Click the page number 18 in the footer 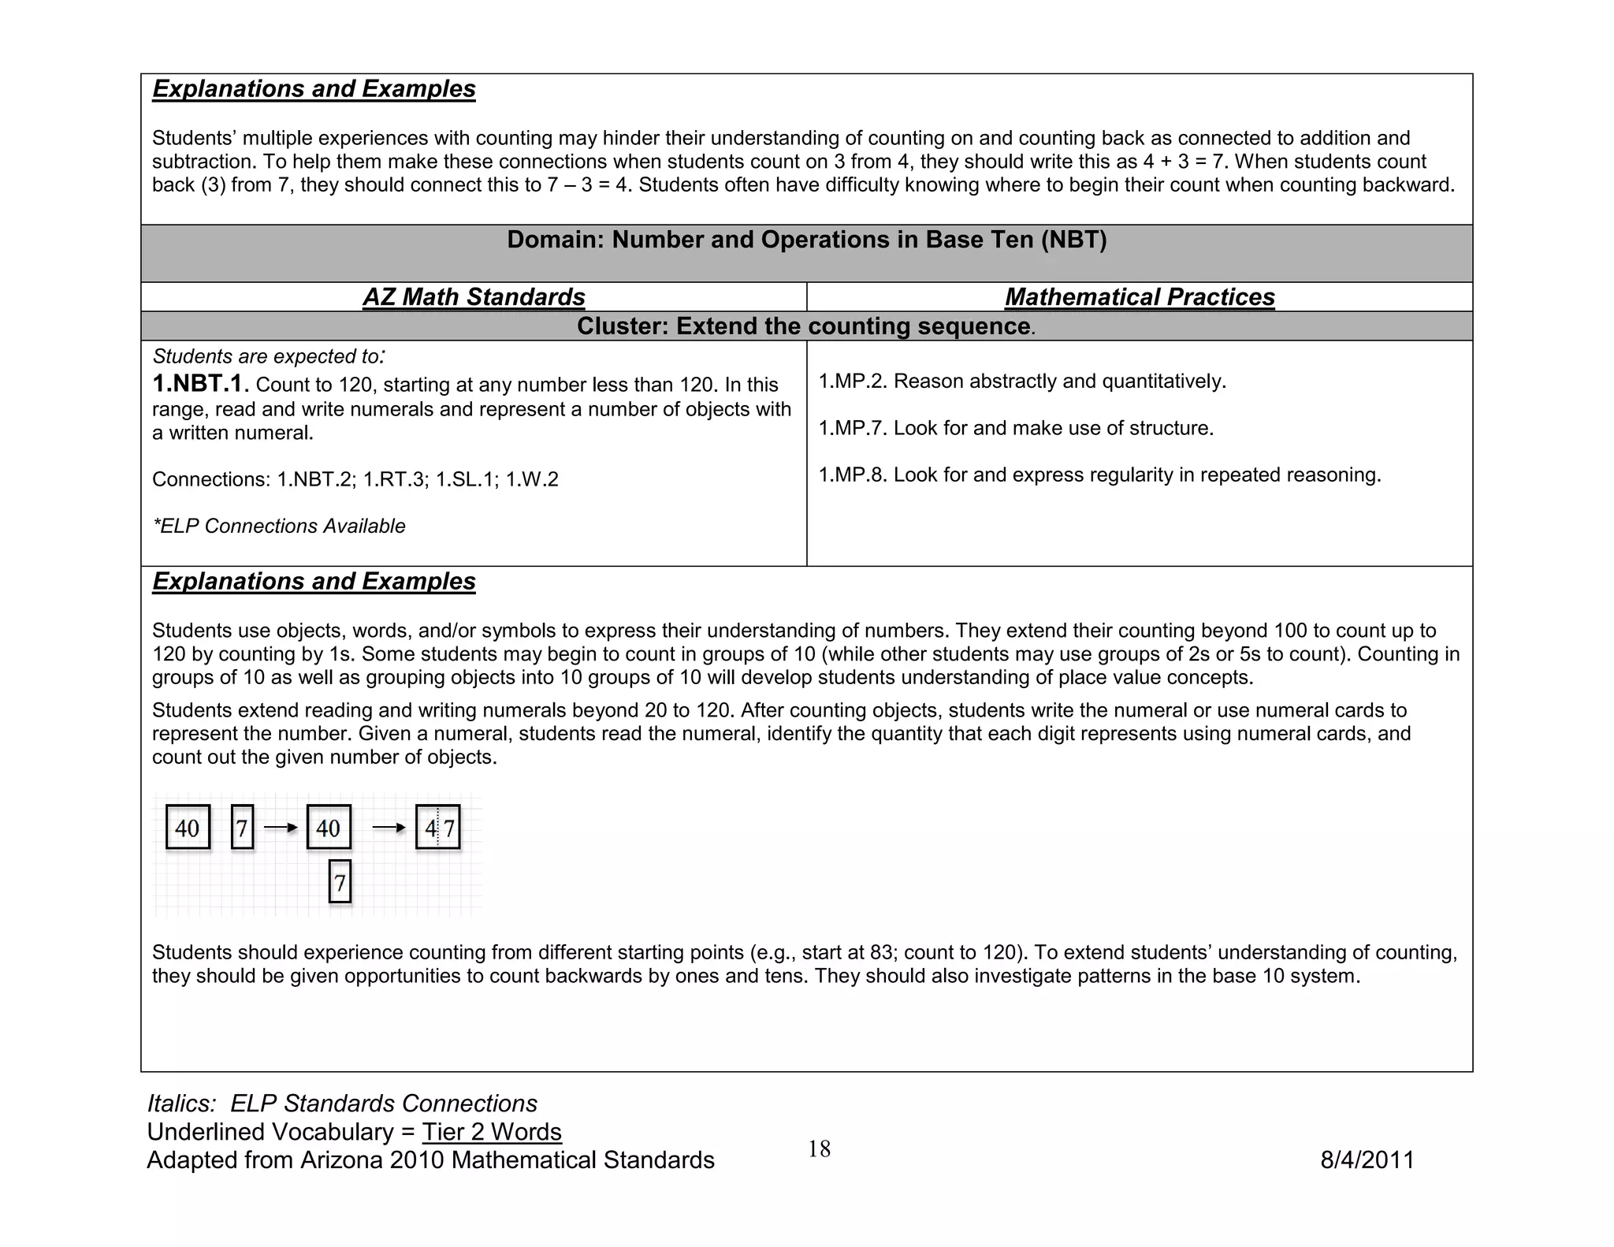819,1149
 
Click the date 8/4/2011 1367,1160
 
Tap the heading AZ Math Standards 474,297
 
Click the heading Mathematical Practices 1140,297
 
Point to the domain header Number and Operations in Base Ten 806,240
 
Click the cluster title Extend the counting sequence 804,326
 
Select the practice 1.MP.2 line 1022,382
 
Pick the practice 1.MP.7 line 1016,428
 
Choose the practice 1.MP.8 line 1099,475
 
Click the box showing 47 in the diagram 438,828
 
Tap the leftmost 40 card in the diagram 188,828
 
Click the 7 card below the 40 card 340,883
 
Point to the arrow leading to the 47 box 389,828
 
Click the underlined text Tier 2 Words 492,1132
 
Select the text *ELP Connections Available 279,527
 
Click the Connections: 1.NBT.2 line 355,479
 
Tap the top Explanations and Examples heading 314,89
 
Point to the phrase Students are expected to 268,356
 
